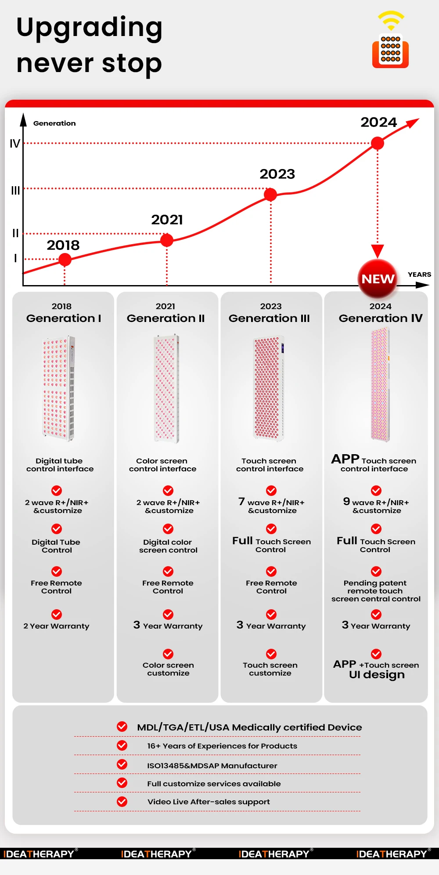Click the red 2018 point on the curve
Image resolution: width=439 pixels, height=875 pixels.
coord(65,260)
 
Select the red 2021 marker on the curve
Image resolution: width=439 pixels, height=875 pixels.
coord(167,240)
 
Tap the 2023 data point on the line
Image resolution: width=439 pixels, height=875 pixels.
coord(270,194)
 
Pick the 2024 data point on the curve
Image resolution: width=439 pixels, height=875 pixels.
coord(378,143)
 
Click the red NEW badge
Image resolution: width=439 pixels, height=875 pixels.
coord(378,278)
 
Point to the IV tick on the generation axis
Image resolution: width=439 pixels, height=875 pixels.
coord(15,144)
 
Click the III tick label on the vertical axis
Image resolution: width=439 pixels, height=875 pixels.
coord(15,191)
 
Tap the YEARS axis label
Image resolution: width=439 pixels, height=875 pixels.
coord(419,275)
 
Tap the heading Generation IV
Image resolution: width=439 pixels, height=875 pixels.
coord(381,318)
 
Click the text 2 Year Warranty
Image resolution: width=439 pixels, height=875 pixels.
coord(56,626)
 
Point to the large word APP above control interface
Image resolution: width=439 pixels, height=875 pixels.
coord(345,459)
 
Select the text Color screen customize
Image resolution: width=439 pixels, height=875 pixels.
coord(168,669)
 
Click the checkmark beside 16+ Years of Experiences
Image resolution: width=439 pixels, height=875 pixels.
coord(122,745)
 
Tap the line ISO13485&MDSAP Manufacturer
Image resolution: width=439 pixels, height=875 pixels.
coord(212,766)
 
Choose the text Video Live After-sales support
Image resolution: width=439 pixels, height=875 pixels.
coord(209,802)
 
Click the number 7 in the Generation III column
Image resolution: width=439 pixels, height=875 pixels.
coord(241,501)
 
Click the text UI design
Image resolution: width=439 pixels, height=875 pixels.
coord(377,675)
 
